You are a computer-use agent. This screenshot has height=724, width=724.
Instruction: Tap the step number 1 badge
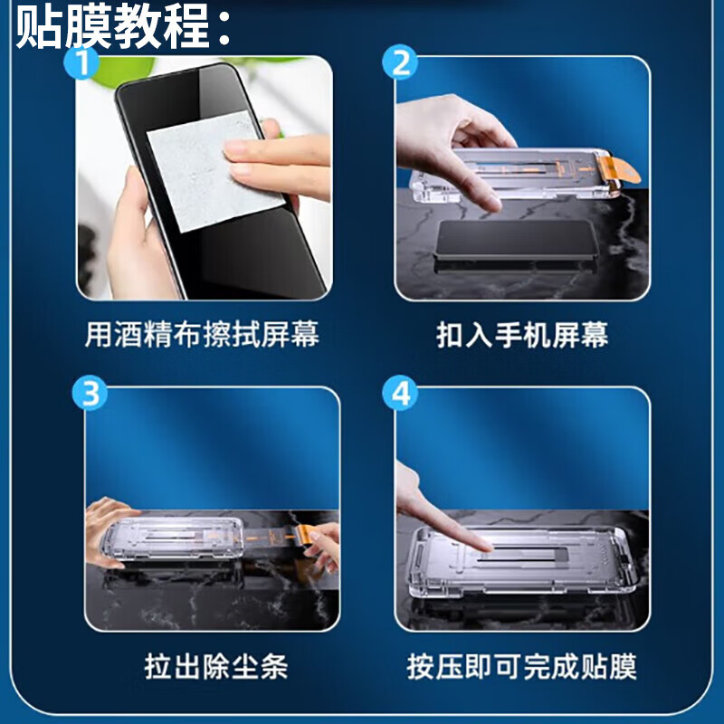(83, 62)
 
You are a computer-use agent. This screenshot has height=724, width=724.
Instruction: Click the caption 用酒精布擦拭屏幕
(202, 336)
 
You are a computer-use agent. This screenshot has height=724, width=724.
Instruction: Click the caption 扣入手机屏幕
(522, 336)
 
